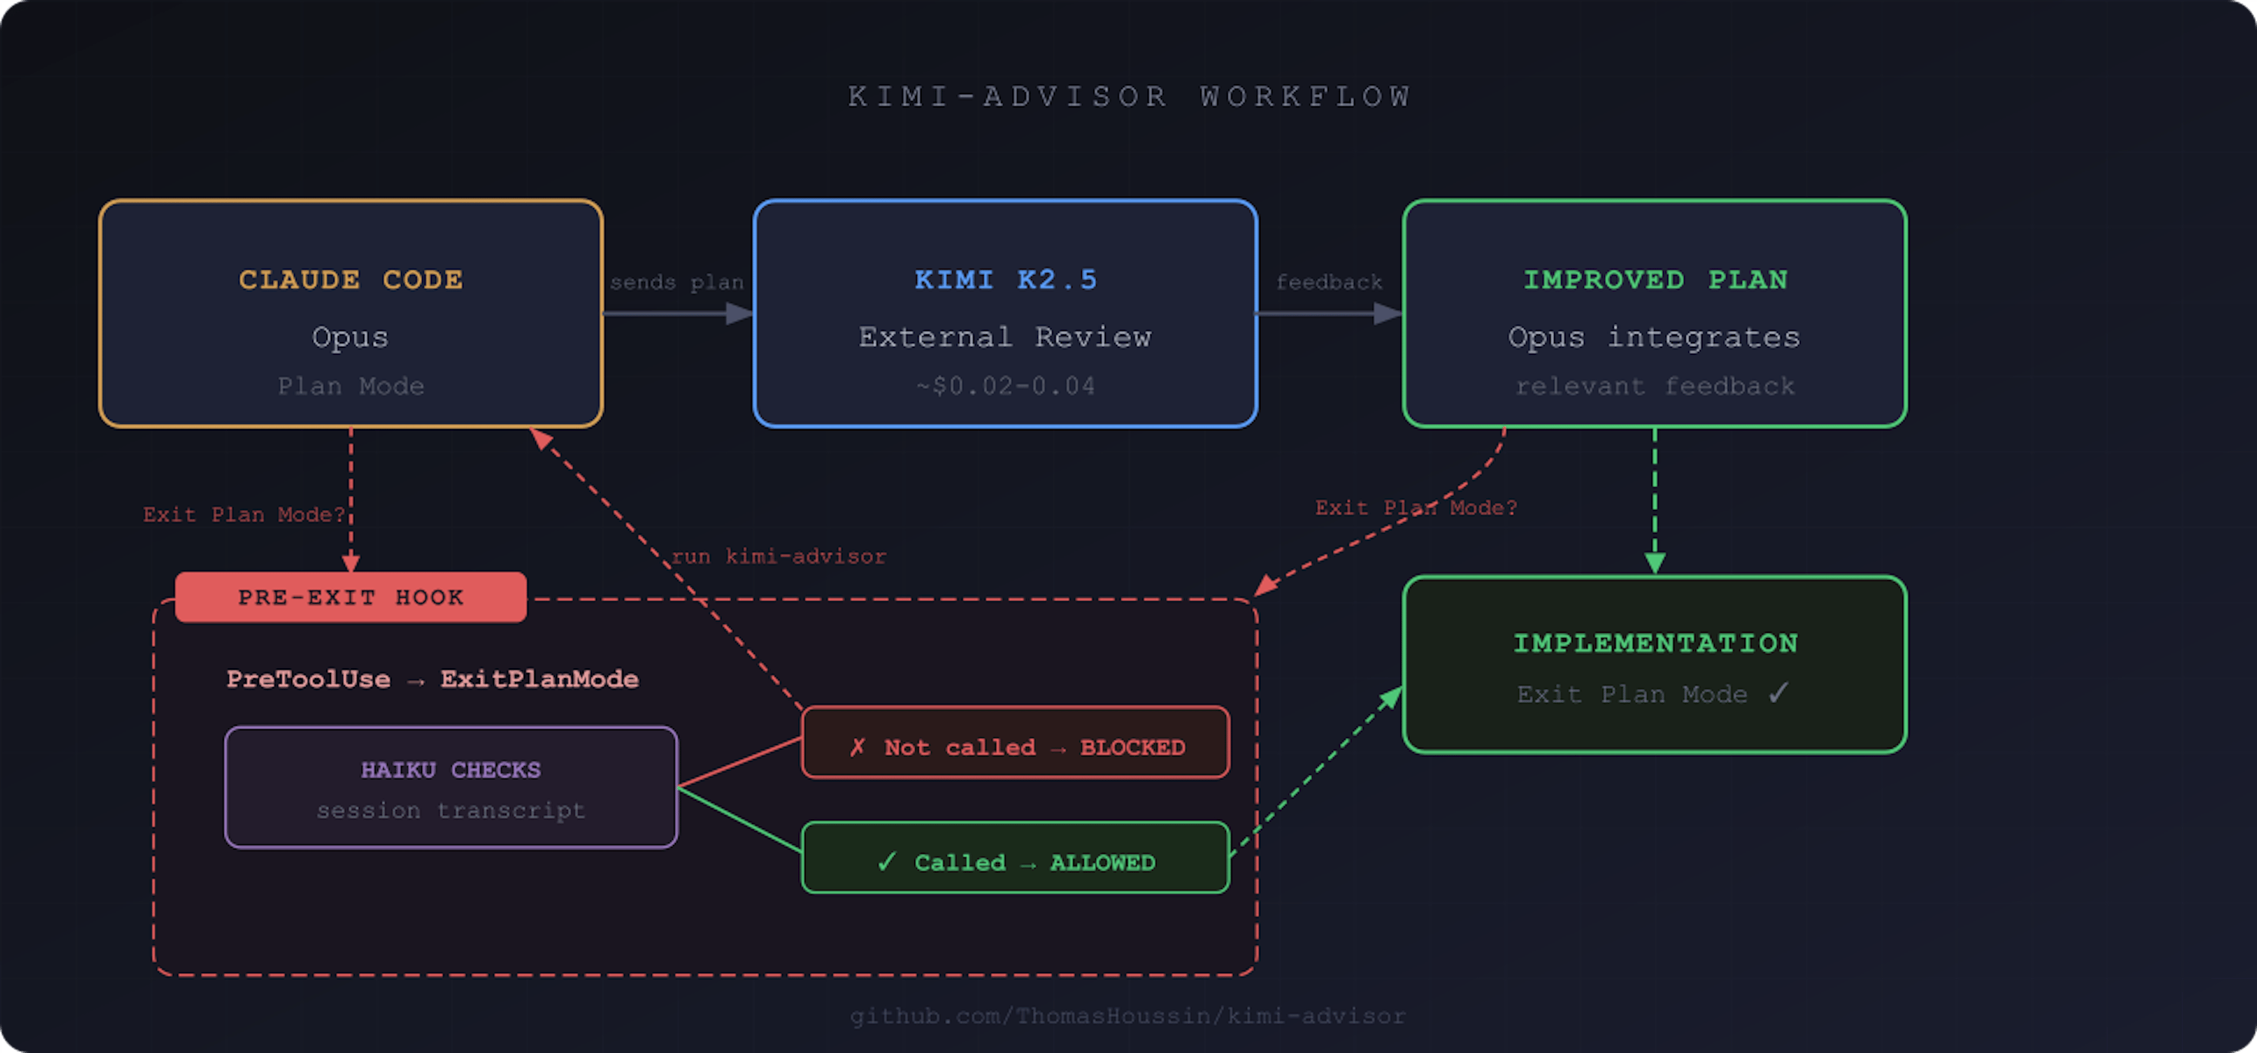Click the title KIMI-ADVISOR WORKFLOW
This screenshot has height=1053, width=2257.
1128,96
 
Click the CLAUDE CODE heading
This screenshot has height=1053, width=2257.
350,280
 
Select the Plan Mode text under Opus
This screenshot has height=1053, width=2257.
350,386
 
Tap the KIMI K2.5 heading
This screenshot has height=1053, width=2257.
1005,280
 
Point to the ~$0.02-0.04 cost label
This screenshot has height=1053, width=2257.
1005,386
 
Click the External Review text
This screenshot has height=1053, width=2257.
1005,337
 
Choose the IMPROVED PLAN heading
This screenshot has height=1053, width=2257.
1654,280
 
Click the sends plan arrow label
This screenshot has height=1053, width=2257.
677,282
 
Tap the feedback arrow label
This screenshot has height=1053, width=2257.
1328,282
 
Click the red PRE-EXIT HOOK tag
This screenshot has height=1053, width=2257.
350,598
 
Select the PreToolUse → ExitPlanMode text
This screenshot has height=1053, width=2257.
432,679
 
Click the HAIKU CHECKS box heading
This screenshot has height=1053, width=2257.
450,769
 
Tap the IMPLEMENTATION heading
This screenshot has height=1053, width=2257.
1654,643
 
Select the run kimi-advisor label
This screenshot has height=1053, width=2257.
778,556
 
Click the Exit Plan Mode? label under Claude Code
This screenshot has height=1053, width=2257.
243,514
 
